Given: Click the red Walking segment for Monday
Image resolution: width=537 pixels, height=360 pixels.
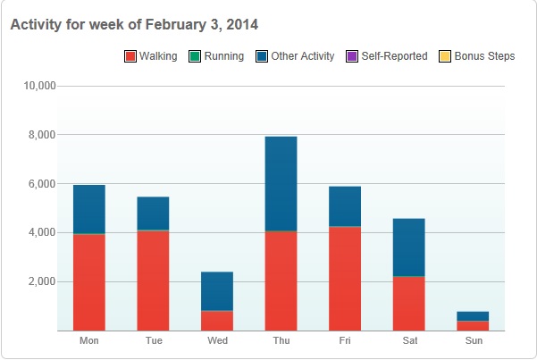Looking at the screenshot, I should [88, 281].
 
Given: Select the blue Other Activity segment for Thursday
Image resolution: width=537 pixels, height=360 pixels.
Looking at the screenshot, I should [281, 183].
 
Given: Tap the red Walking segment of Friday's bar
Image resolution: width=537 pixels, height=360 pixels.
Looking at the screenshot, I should [345, 278].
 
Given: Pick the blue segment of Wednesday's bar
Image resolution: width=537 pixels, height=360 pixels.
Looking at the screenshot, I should [217, 291].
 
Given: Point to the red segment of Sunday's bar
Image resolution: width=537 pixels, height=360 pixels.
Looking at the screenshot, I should [473, 325].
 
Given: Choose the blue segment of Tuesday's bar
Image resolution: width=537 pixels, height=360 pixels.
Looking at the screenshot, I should [153, 213].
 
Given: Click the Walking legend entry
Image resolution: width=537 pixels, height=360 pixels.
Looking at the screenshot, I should [151, 56].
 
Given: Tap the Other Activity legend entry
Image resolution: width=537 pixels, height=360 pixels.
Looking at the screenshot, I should [296, 56].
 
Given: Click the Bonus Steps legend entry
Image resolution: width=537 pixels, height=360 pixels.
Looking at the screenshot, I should [478, 56].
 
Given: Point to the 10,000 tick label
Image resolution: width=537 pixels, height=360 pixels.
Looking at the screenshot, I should [38, 86].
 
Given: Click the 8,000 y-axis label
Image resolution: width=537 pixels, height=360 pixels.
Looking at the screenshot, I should [41, 135].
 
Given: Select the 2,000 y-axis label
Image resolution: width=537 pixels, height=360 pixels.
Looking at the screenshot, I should [41, 281].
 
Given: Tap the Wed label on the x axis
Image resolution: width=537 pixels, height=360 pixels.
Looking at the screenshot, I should [217, 341].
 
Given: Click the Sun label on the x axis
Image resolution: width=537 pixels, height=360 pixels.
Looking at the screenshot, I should [473, 341].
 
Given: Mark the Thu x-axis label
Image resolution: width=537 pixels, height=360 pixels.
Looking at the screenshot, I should [281, 341].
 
